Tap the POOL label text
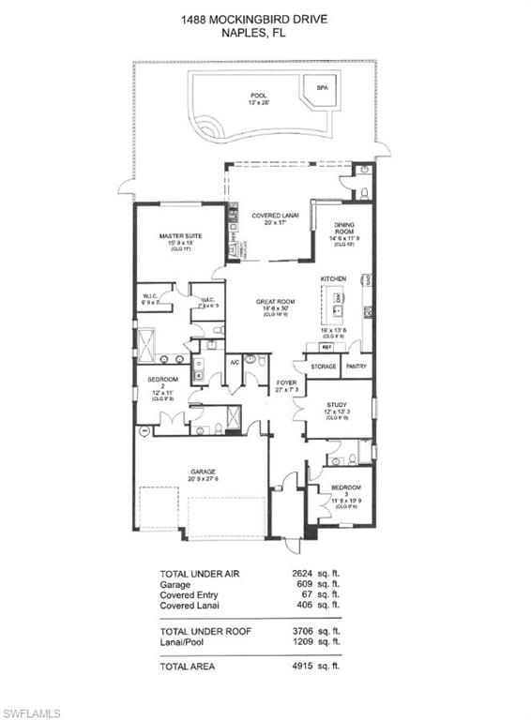[258, 96]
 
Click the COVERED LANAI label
[275, 217]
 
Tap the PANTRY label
[356, 367]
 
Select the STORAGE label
[324, 367]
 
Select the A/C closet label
[235, 360]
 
